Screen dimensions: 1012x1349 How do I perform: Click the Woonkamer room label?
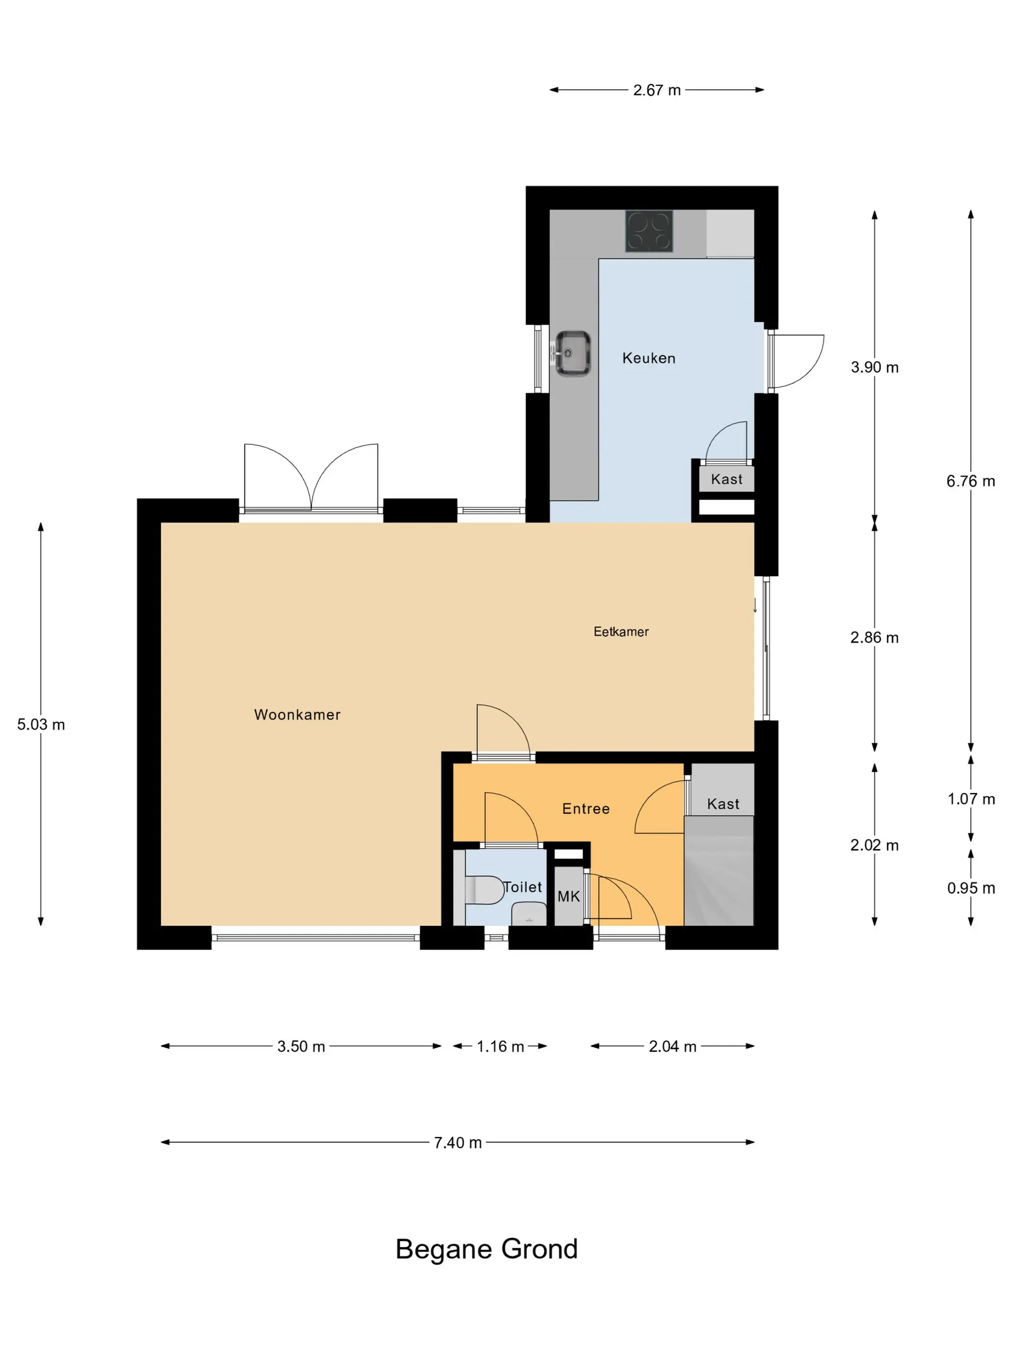(297, 715)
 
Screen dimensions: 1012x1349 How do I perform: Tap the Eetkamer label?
(621, 632)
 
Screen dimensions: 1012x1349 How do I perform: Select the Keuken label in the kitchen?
(649, 358)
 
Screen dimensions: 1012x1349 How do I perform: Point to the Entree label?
(586, 808)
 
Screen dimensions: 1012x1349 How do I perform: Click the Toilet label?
(522, 887)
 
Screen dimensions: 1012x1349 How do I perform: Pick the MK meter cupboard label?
(569, 897)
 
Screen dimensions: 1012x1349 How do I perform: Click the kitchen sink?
(572, 353)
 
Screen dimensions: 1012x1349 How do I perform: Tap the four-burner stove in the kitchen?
(649, 231)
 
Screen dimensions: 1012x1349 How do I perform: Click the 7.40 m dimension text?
(457, 1143)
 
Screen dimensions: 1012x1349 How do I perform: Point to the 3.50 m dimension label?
(301, 1046)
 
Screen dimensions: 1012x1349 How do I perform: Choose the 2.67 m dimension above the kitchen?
(656, 90)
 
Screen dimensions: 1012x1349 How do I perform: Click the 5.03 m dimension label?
(41, 725)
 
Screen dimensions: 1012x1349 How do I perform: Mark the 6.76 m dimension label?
(971, 481)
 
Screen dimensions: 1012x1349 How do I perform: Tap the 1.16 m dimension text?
(500, 1046)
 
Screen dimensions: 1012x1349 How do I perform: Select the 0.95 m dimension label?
(971, 888)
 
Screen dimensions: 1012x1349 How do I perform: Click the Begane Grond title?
(486, 1249)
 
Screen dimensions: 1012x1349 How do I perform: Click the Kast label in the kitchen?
(727, 479)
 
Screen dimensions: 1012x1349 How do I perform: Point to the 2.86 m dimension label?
(874, 638)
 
